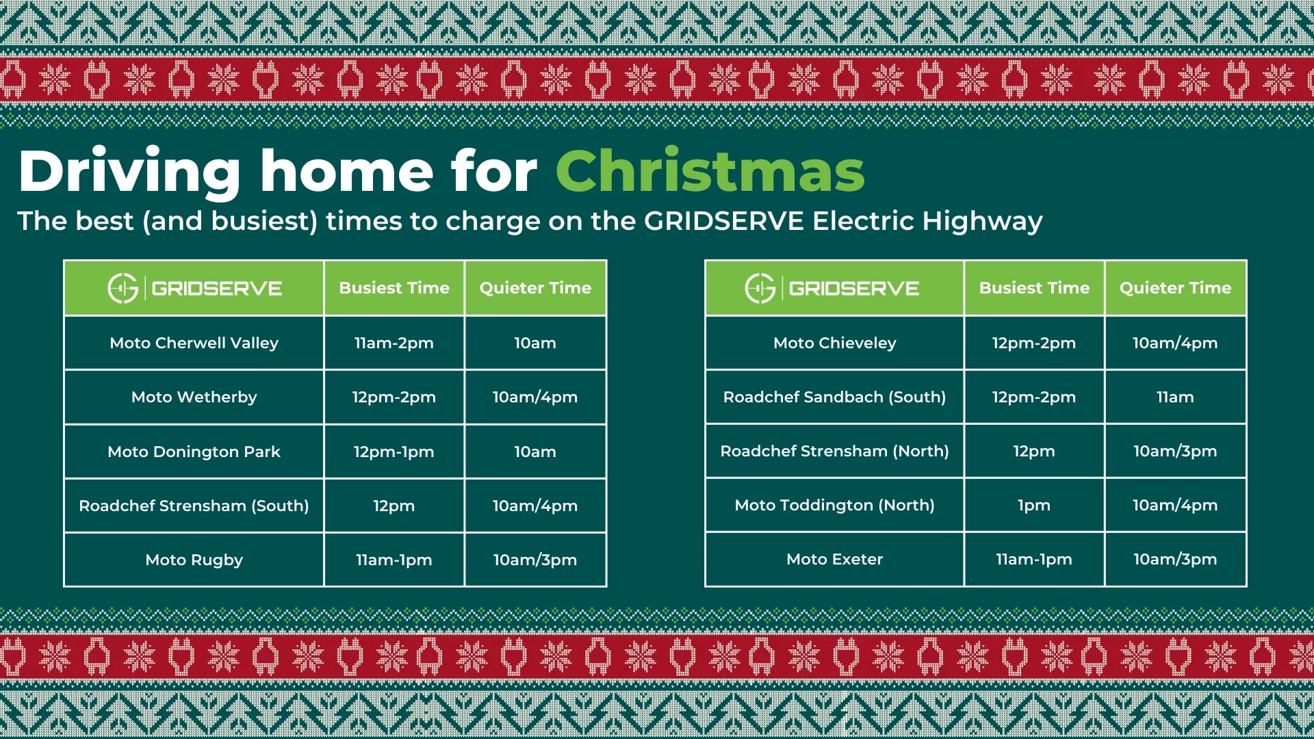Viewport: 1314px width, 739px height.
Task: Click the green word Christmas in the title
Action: [710, 171]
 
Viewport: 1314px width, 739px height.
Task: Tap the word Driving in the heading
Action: [130, 173]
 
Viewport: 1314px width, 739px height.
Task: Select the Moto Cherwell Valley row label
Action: [194, 343]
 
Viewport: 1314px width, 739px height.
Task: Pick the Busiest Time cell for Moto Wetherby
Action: [394, 398]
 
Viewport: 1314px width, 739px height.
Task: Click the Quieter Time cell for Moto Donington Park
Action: [535, 452]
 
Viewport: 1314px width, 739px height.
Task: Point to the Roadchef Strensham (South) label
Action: [194, 506]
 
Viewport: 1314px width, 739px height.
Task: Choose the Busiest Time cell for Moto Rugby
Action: [394, 560]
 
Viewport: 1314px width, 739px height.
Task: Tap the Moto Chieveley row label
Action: [835, 343]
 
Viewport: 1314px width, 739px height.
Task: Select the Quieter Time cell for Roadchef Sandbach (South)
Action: [1175, 397]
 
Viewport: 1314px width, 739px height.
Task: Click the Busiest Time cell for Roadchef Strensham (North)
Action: [1034, 452]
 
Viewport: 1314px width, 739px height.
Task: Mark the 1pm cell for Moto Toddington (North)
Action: [1034, 506]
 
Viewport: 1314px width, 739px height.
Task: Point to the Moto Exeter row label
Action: [835, 560]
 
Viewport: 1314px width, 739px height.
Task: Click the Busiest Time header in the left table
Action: [394, 288]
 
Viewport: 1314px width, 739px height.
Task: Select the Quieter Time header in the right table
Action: [1175, 288]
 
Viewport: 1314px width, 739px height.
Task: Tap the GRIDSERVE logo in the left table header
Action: [195, 288]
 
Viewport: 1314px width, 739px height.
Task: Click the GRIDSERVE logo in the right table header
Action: [832, 288]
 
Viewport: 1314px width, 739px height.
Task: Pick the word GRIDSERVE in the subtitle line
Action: [724, 221]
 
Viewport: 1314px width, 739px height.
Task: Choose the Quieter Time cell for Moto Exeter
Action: [1175, 560]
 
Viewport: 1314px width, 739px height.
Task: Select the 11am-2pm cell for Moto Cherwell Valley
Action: [394, 343]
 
